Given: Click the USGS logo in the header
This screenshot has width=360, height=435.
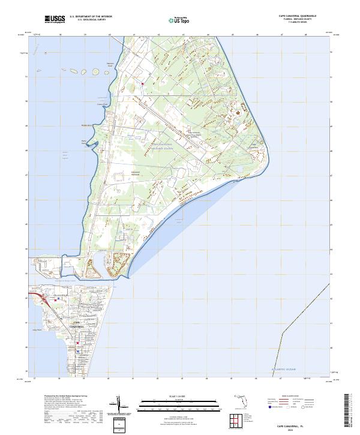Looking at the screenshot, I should point(55,19).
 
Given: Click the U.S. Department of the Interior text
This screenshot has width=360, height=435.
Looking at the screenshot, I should point(91,17).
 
